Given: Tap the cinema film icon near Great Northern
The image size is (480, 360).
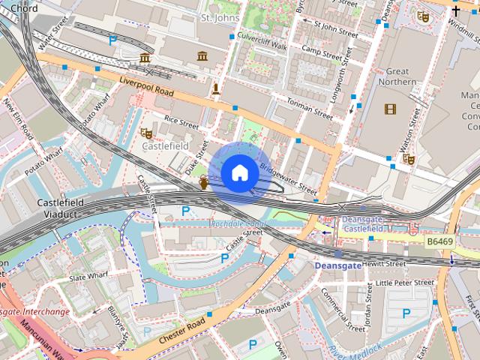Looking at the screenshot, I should coord(390,109).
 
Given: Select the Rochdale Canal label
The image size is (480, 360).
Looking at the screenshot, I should coord(238,223).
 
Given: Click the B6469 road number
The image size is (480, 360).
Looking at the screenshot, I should coord(440,242).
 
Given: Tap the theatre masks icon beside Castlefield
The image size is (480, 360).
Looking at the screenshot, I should coord(146,133).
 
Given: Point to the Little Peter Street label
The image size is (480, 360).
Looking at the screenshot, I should coord(404,283).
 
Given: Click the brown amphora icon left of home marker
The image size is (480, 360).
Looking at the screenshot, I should coord(204,183).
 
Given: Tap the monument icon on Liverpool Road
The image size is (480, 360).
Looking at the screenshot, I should coord(216,91).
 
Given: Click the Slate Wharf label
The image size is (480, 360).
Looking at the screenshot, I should coord(88,278).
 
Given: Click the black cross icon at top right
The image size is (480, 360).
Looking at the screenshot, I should coord(456,10).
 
